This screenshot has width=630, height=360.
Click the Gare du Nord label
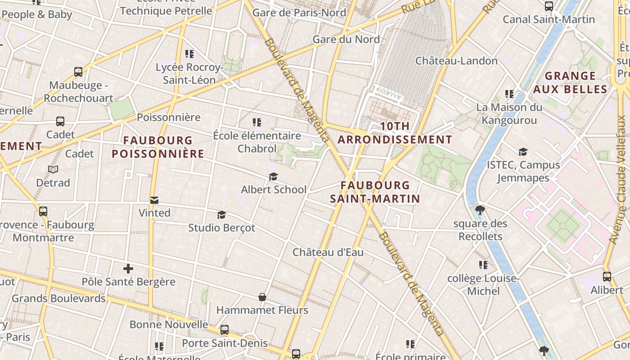[346, 39]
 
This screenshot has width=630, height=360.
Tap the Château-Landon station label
[456, 61]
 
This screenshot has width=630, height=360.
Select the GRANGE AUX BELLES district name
[570, 82]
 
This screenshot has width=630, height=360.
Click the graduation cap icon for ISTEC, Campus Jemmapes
[523, 152]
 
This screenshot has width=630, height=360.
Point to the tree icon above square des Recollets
[480, 210]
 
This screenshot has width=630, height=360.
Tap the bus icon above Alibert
[607, 277]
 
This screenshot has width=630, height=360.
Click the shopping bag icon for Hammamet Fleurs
[262, 297]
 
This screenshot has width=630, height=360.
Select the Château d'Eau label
[328, 252]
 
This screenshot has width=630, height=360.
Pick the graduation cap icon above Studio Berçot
[221, 215]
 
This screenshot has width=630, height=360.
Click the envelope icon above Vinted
[154, 200]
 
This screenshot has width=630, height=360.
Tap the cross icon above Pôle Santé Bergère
[128, 269]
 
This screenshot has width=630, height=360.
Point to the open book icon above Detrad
[53, 170]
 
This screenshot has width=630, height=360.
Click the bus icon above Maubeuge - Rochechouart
[78, 72]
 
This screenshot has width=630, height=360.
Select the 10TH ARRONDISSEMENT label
[395, 133]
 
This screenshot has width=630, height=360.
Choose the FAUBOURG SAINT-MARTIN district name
[375, 192]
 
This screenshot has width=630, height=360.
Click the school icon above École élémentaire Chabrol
[257, 122]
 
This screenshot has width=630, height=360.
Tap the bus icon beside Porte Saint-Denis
[225, 330]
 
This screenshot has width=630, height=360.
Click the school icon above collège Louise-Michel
[483, 265]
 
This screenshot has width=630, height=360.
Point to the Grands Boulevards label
[58, 298]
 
